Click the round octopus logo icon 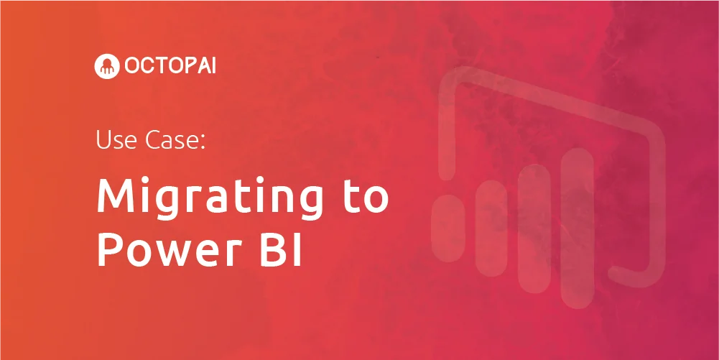106,67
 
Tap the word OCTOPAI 170,67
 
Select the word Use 116,139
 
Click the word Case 170,139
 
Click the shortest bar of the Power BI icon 448,229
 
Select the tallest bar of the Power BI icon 577,228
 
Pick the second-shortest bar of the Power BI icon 491,229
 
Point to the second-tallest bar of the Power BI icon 534,229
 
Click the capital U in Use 103,140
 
